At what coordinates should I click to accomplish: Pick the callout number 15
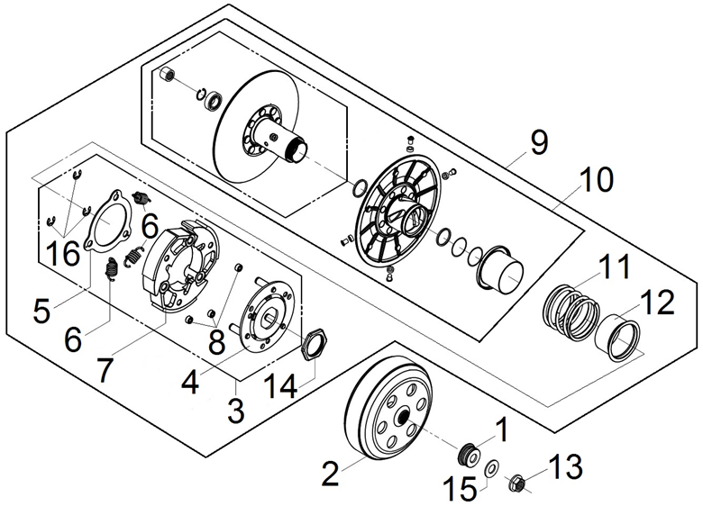[x=461, y=491]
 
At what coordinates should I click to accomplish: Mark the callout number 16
[x=63, y=253]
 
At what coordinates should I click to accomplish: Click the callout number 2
[x=331, y=470]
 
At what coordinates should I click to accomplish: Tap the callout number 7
[x=105, y=371]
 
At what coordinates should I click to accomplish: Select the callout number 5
[x=41, y=311]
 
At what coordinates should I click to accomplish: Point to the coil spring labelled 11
[x=569, y=309]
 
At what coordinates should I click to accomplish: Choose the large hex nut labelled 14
[x=314, y=344]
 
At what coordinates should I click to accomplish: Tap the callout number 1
[x=502, y=430]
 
